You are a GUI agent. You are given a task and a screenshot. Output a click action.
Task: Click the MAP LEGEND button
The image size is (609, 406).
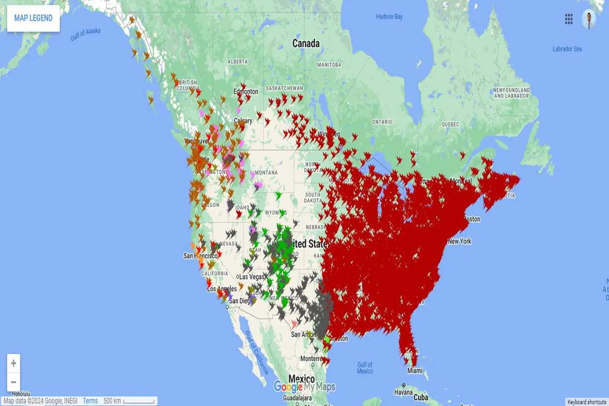coord(33,18)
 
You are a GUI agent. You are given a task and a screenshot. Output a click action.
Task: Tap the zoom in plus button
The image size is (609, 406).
coord(14,363)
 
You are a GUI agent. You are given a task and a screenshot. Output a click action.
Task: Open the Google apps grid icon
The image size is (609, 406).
coord(569,19)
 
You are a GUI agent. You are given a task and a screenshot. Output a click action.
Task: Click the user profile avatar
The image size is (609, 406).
coord(589,19)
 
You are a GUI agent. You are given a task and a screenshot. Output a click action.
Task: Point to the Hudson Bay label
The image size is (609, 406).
coord(389,17)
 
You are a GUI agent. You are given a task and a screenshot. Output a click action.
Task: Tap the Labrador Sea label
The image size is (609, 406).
coord(567,49)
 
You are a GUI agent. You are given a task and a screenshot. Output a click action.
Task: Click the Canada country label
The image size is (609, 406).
coord(306,44)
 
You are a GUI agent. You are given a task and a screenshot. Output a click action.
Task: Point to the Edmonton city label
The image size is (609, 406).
coord(246,91)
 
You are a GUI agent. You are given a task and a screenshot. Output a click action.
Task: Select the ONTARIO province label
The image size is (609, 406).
coord(382,122)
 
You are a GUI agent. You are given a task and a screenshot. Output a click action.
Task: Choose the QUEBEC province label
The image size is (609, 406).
coord(450,124)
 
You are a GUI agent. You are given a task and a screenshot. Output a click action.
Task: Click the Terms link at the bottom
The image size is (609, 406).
coord(90,401)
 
